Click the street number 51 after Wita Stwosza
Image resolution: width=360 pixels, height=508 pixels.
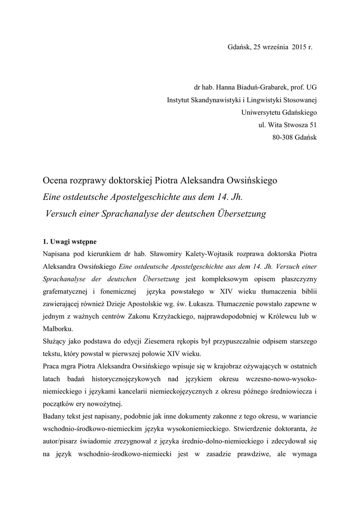tap(312, 125)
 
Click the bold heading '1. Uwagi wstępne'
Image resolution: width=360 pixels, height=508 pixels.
tap(70, 242)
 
